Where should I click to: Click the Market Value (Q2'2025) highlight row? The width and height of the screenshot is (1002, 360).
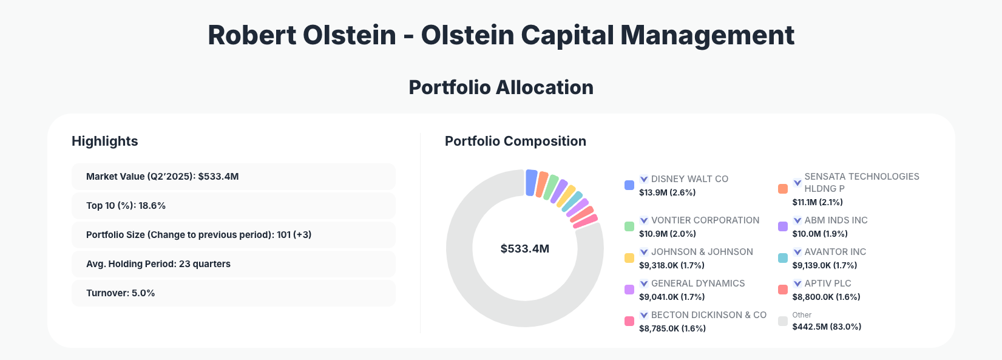coord(233,177)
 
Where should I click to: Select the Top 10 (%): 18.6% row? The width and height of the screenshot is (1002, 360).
coord(233,206)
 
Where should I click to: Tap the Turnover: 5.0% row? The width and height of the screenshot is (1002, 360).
coord(233,293)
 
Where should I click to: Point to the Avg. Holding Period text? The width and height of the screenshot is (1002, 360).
coord(158,264)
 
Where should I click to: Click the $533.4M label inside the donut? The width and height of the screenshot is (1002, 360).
coord(524,249)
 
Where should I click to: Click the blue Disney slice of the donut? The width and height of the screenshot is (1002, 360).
coord(531,183)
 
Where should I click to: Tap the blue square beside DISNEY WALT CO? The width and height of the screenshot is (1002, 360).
coord(629,185)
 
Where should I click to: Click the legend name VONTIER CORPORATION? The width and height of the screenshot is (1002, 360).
coord(705,220)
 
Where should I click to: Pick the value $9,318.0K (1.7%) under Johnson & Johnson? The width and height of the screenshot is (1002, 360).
coord(672,265)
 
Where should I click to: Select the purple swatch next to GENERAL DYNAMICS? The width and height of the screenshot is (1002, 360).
coord(629,290)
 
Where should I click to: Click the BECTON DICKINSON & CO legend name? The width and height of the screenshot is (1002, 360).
coord(708,315)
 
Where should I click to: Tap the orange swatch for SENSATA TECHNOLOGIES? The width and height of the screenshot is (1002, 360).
coord(783,189)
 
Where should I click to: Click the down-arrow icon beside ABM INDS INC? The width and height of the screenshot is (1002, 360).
coord(797,220)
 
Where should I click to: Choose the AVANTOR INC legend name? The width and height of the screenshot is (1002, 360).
coord(835,252)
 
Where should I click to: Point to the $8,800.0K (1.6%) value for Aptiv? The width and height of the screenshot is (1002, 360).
coord(826,297)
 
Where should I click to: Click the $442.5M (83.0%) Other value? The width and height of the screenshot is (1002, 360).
coord(827,327)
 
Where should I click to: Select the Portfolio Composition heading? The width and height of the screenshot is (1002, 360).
coord(515,141)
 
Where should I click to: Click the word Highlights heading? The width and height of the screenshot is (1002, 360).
coord(105,141)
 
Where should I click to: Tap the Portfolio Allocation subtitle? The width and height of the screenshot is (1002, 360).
coord(501,87)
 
